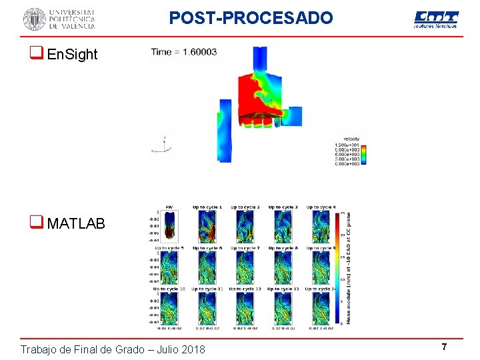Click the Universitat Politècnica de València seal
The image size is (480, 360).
coord(35,19)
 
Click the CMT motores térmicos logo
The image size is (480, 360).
coord(436,19)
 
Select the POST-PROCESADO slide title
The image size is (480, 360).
coord(251,18)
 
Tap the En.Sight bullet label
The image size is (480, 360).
coord(73,55)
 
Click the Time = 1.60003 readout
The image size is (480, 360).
coord(184,52)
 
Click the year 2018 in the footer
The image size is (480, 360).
coord(192,349)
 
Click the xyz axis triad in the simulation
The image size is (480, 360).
coord(163,145)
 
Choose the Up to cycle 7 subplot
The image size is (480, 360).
coord(244,268)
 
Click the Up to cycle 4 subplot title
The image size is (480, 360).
coord(321,208)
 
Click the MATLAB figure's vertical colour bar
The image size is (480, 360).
coord(341,267)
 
